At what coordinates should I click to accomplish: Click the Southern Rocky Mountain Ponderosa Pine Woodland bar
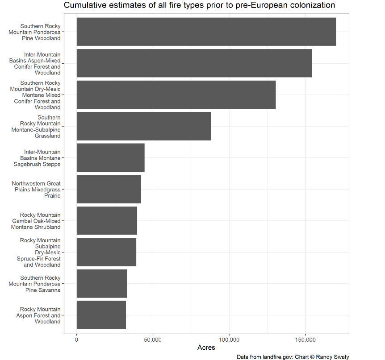click(206, 32)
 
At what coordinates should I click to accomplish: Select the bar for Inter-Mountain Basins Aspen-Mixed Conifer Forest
click(194, 63)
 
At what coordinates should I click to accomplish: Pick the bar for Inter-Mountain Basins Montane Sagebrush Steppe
click(110, 158)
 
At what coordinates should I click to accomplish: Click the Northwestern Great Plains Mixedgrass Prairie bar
click(109, 189)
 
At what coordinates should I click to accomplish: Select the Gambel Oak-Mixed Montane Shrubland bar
click(107, 221)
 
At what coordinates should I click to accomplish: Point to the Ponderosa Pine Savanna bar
click(102, 284)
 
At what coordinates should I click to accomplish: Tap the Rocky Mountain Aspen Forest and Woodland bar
click(101, 315)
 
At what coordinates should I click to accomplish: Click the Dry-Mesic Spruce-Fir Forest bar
click(106, 252)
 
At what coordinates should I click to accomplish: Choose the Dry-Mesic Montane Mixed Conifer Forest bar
click(176, 95)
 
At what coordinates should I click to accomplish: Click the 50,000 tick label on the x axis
click(153, 340)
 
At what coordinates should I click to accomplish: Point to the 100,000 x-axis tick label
click(229, 340)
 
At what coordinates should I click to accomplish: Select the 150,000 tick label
click(305, 340)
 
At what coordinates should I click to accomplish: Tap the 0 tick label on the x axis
click(77, 340)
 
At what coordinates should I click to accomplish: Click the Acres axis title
click(206, 348)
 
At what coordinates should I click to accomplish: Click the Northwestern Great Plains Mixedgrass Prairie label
click(36, 189)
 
